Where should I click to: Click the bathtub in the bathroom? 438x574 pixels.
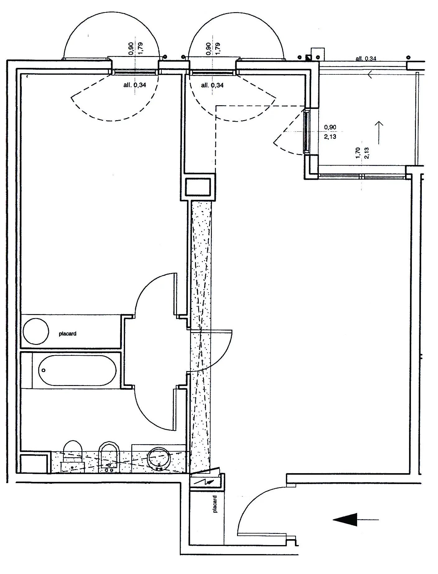pyautogui.click(x=77, y=370)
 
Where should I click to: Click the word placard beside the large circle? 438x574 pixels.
pyautogui.click(x=68, y=334)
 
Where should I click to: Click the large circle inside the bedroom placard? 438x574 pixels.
pyautogui.click(x=36, y=331)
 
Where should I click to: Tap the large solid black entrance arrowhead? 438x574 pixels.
pyautogui.click(x=345, y=520)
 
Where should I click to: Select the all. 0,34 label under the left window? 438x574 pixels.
pyautogui.click(x=134, y=85)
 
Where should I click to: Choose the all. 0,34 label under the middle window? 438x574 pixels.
pyautogui.click(x=212, y=85)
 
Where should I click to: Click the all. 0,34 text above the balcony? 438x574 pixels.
pyautogui.click(x=366, y=58)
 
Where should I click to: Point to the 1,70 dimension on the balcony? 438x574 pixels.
pyautogui.click(x=358, y=153)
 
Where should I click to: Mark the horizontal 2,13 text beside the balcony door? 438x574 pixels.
pyautogui.click(x=330, y=136)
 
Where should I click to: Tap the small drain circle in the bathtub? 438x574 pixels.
pyautogui.click(x=44, y=370)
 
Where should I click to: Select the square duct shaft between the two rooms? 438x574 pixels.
pyautogui.click(x=198, y=187)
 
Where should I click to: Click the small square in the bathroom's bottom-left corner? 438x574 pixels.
pyautogui.click(x=34, y=463)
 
